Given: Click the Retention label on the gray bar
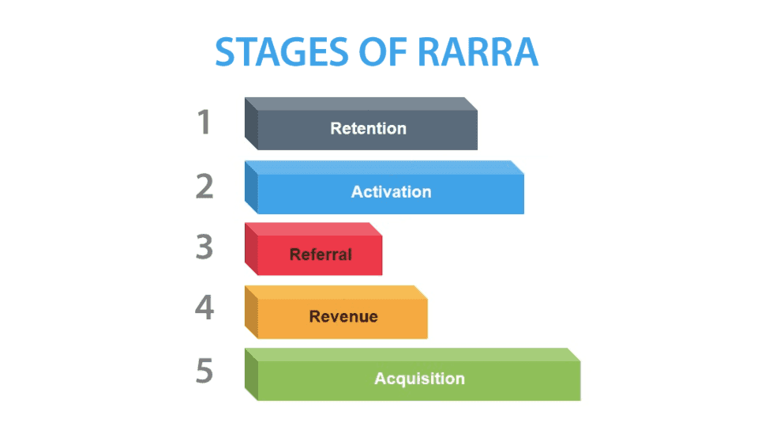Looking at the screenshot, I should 368,129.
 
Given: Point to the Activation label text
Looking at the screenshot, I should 391,192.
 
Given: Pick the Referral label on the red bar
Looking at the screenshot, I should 321,255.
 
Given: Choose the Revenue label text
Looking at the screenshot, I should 343,317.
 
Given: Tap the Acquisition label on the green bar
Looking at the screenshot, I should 419,379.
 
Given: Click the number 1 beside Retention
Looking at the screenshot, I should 204,123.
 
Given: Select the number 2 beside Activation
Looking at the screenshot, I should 204,186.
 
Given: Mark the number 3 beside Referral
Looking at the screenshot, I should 204,247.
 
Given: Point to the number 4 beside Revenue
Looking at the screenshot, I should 204,309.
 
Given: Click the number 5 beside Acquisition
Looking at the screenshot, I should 204,372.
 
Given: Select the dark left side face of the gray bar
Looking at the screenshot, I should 251,125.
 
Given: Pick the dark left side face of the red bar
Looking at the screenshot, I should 251,251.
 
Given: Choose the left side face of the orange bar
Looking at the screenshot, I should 251,313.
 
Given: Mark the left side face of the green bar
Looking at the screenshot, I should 251,376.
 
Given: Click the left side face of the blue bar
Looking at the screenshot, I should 251,188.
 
